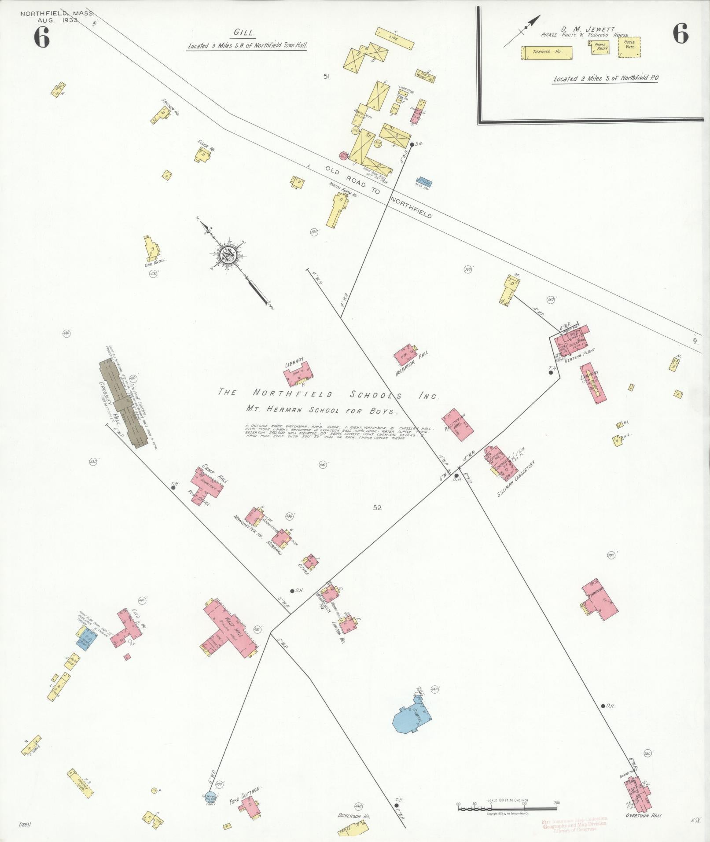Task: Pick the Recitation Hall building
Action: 458,425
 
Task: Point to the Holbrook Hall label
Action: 412,364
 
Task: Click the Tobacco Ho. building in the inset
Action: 547,53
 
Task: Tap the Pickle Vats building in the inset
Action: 629,47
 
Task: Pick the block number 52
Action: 377,507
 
